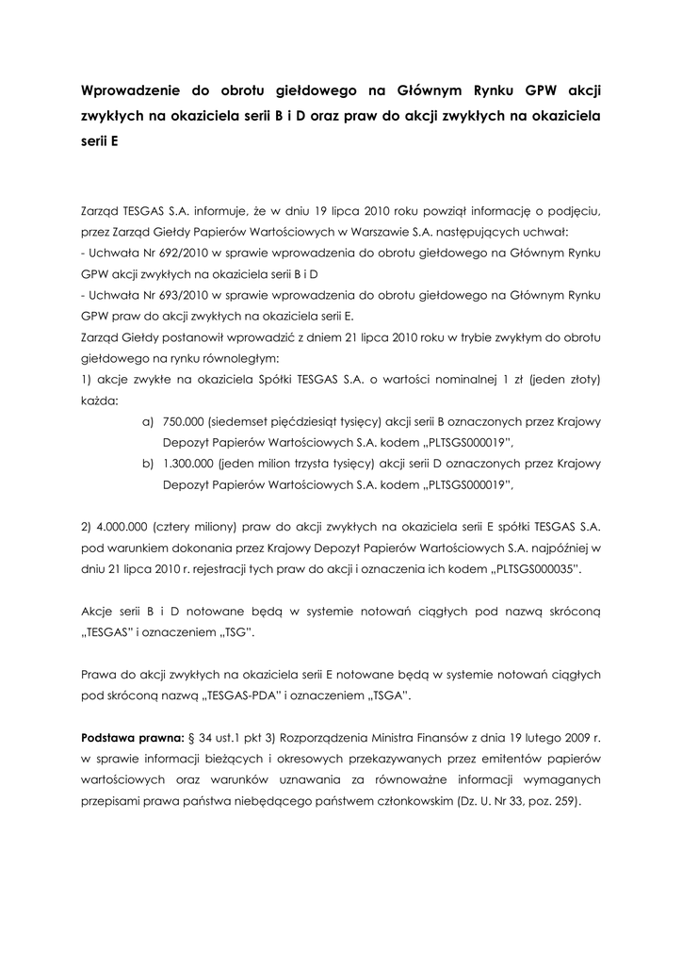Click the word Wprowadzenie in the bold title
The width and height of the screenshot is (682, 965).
[131, 91]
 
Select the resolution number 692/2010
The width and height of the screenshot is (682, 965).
[170, 254]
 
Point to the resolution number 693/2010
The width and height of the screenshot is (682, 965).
[170, 295]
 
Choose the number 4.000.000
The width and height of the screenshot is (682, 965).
[123, 526]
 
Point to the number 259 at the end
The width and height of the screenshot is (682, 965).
[563, 802]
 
